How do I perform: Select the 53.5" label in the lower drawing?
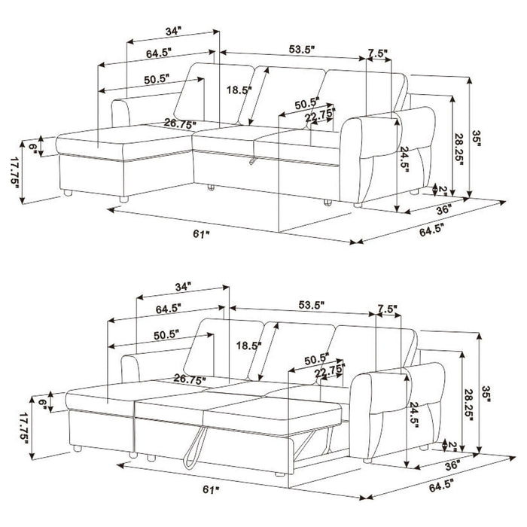311,306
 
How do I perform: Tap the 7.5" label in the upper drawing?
378,53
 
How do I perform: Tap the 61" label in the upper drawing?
200,235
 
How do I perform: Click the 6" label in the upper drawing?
33,147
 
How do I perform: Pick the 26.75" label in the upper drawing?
180,123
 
